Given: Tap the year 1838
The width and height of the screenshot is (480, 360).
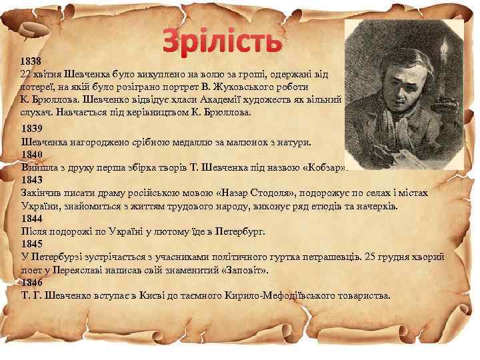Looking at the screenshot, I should click(31, 59).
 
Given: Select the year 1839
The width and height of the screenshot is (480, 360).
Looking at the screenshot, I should click(32, 129).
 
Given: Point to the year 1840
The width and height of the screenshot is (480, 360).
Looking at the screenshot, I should click(32, 154).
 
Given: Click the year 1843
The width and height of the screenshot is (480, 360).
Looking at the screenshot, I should click(32, 180).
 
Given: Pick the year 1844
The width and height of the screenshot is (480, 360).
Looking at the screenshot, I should click(32, 218).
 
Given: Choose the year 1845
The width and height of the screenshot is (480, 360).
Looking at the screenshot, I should click(32, 243).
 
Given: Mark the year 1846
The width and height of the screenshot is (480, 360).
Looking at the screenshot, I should click(32, 282).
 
